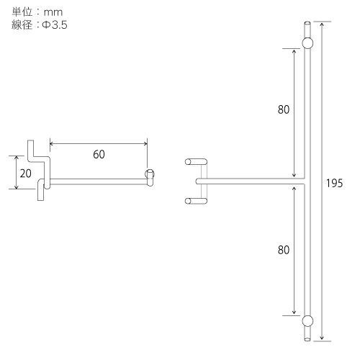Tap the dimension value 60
tap(99, 154)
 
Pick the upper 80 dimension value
tap(283, 111)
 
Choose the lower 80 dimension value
tap(283, 250)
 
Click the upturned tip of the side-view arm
tap(150, 174)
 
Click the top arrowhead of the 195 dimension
tap(321, 23)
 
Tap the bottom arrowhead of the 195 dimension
tap(321, 338)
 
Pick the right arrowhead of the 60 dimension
tap(147, 143)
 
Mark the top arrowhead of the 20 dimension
tap(16, 156)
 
